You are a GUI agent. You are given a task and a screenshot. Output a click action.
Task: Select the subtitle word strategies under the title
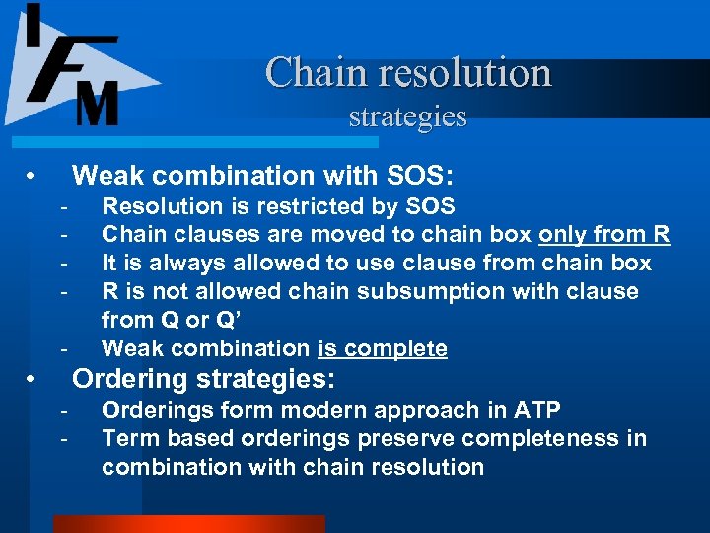point(407,116)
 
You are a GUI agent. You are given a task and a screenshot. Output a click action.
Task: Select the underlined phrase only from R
point(603,234)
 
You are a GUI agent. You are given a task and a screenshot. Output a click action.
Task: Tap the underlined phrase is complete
point(383,348)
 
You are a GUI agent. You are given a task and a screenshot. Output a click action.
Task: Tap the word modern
point(333,410)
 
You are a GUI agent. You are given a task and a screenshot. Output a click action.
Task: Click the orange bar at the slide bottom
point(187,524)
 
